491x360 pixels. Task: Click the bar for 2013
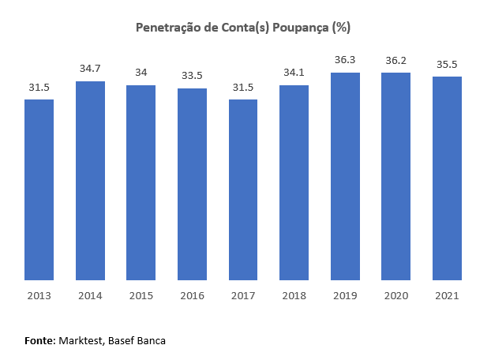[39, 189]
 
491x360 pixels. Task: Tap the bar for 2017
[243, 189]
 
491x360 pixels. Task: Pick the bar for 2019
[345, 176]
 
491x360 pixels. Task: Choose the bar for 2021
[447, 178]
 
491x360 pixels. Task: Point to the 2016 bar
[192, 184]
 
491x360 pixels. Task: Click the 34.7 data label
[90, 69]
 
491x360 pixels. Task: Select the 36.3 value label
[345, 60]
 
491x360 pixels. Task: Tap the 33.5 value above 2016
[192, 76]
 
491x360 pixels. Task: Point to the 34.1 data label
[294, 73]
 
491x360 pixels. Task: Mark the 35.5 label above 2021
[447, 64]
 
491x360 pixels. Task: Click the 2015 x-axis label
[141, 295]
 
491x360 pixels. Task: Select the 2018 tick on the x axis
[294, 295]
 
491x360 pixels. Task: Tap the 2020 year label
[395, 295]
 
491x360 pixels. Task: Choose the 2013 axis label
[39, 295]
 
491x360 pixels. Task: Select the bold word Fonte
[39, 340]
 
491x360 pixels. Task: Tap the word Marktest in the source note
[81, 340]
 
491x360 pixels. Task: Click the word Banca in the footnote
[150, 340]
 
